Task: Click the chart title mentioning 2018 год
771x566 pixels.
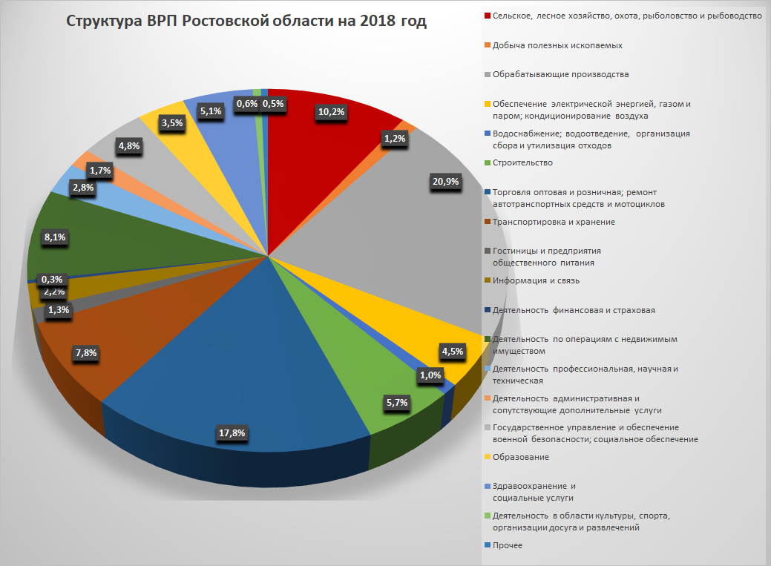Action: point(246,22)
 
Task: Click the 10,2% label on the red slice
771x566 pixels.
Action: point(331,112)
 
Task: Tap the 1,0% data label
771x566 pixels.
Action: point(430,375)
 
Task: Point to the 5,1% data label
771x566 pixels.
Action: point(209,112)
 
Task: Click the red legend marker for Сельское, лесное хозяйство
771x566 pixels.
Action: point(487,16)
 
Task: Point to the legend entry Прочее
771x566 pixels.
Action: point(508,545)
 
